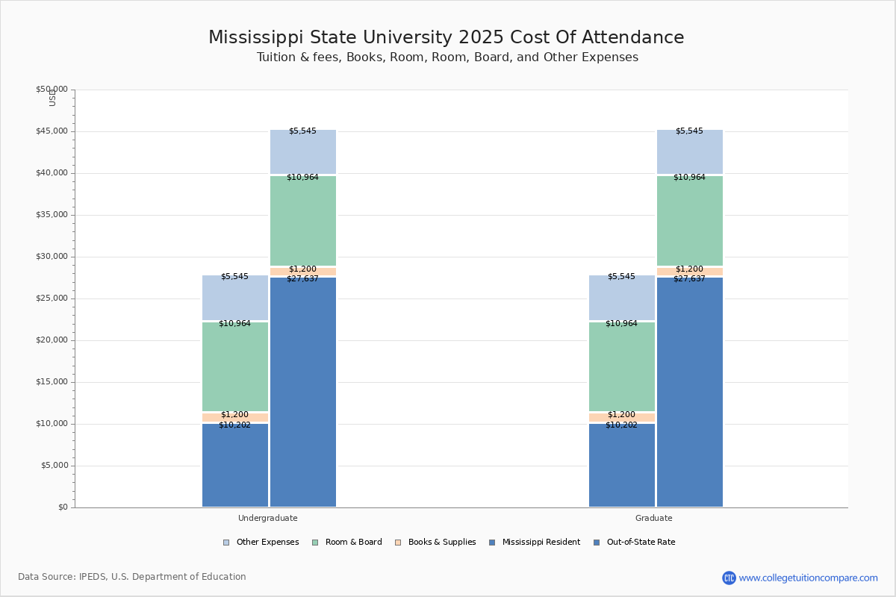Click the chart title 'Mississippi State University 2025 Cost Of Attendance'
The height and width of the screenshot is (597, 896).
tap(446, 37)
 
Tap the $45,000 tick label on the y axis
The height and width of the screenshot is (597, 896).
tap(52, 131)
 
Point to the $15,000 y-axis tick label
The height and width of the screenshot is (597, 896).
tap(52, 382)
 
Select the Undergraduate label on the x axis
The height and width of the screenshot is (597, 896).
tap(268, 518)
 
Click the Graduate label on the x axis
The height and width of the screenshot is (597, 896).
tap(654, 518)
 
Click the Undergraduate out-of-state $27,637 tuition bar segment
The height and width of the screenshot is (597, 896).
tap(303, 392)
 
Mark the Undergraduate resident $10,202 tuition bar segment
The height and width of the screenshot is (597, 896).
tap(235, 466)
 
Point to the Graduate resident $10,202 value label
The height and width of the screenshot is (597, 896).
tap(621, 425)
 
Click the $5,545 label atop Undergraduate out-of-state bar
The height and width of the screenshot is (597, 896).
tap(302, 131)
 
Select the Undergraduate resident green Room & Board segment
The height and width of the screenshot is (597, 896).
tap(235, 366)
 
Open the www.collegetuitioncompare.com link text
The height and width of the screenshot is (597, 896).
tap(809, 578)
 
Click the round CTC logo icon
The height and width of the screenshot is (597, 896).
tap(729, 578)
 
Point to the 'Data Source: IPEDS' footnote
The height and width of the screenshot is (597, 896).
tap(132, 577)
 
